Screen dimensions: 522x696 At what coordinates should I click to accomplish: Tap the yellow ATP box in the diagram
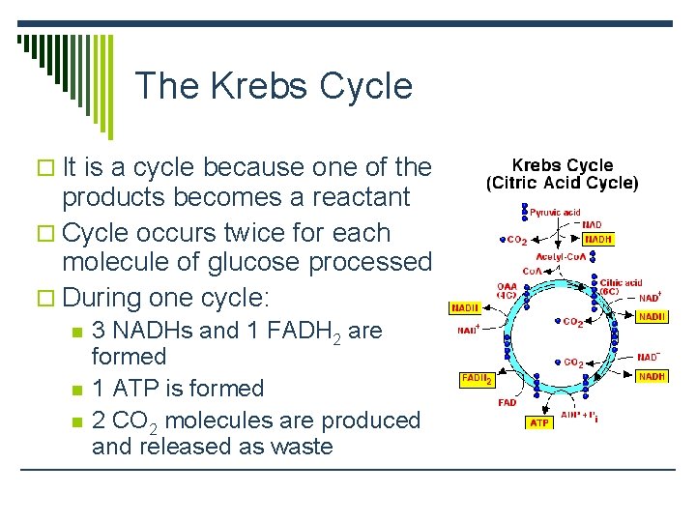pos(539,422)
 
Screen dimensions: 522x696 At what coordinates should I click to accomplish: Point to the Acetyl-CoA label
pos(561,256)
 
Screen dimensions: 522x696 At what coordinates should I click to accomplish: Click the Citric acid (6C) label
pos(620,287)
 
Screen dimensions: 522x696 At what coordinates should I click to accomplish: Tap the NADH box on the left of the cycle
pos(465,308)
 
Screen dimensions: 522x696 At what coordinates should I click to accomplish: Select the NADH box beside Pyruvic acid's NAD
pos(597,239)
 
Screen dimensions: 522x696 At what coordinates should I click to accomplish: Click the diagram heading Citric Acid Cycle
pos(562,183)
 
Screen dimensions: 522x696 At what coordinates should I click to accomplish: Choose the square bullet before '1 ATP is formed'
pos(77,389)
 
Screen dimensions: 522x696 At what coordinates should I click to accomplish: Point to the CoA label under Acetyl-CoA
pos(532,272)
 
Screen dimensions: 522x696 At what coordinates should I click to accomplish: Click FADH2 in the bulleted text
pos(295,332)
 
